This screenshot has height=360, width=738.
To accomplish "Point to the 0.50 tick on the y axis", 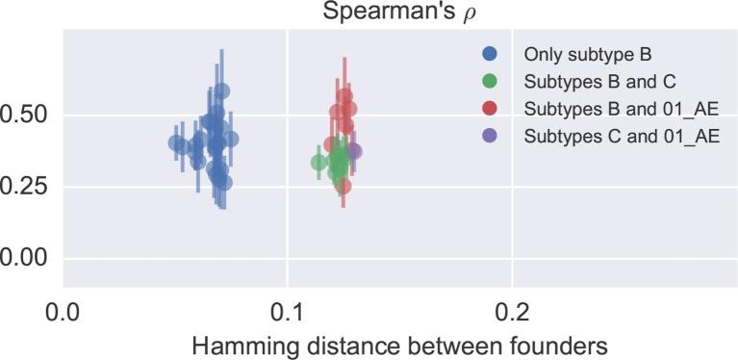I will pyautogui.click(x=27, y=116).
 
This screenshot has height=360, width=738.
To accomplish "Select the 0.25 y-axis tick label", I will pyautogui.click(x=27, y=187).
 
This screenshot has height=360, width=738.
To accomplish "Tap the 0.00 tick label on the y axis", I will pyautogui.click(x=27, y=258).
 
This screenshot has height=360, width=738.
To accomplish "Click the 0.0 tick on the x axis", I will pyautogui.click(x=64, y=311).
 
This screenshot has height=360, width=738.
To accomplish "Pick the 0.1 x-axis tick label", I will pyautogui.click(x=288, y=311).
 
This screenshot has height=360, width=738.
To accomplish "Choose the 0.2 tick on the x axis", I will pyautogui.click(x=512, y=311).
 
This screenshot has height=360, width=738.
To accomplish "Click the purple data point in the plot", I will pyautogui.click(x=353, y=151).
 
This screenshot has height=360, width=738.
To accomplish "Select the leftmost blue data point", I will pyautogui.click(x=177, y=143).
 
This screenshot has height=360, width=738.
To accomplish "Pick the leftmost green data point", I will pyautogui.click(x=319, y=163).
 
